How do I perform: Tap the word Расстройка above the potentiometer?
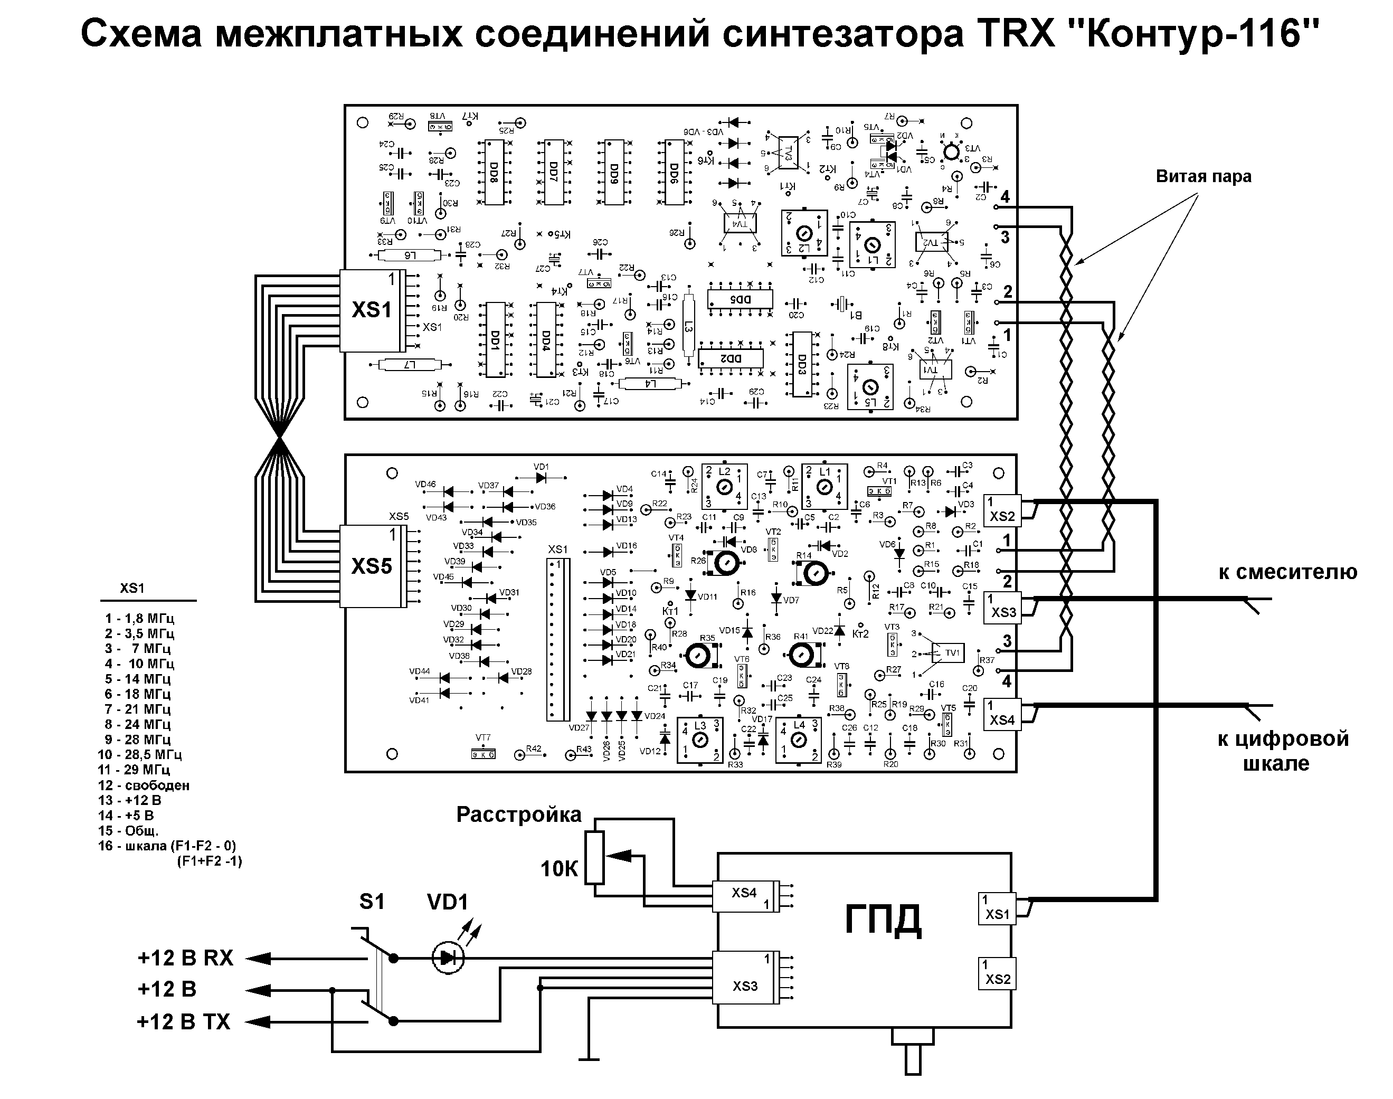tap(518, 814)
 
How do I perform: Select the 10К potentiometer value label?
tap(559, 869)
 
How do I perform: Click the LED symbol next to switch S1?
tap(448, 958)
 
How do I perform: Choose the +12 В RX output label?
tap(185, 958)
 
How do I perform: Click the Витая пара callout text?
tap(1203, 176)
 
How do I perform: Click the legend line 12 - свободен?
tap(144, 785)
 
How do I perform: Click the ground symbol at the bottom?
tap(589, 1058)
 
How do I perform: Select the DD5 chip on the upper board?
tap(740, 299)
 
